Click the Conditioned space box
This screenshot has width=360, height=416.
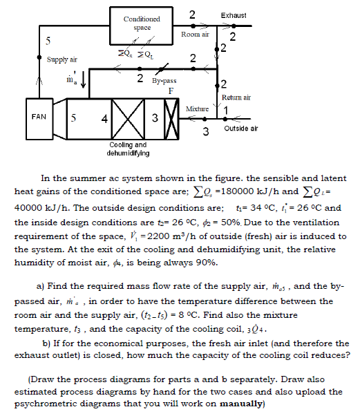(x=141, y=23)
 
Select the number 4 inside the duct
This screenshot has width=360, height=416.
(x=103, y=119)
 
